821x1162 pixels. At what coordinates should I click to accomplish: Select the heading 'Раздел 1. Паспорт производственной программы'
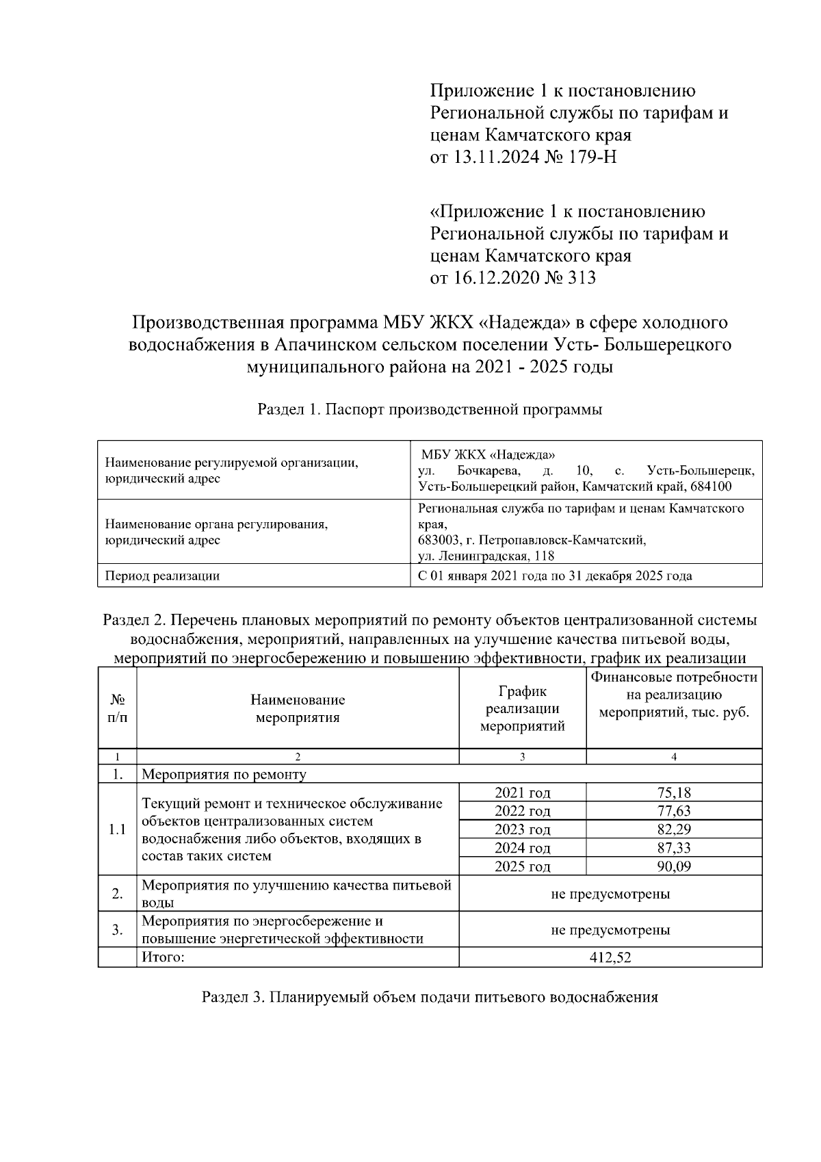tap(430, 410)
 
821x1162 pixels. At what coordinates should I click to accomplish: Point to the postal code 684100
tap(708, 487)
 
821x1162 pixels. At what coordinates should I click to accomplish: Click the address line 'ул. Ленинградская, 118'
tap(486, 556)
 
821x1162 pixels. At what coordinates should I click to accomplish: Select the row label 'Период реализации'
tap(162, 576)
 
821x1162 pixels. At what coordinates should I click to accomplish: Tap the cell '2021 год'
tap(522, 793)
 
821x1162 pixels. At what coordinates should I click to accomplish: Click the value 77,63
tap(674, 811)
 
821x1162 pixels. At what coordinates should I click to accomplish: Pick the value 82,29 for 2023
tap(674, 829)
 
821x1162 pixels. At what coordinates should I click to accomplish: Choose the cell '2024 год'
tap(522, 848)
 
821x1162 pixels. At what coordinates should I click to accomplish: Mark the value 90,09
tap(674, 866)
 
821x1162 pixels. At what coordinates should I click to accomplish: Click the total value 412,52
tap(610, 957)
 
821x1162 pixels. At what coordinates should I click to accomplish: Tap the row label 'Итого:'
tap(163, 957)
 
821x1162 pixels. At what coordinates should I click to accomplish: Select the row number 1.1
tap(117, 829)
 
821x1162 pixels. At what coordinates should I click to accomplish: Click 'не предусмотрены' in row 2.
tap(610, 894)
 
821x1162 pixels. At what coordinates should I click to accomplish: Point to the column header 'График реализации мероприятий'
tap(522, 708)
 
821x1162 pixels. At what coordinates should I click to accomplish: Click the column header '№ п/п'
tap(117, 708)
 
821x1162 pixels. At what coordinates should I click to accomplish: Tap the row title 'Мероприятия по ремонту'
tap(224, 775)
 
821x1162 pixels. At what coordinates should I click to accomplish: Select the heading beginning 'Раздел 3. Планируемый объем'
tap(430, 997)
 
